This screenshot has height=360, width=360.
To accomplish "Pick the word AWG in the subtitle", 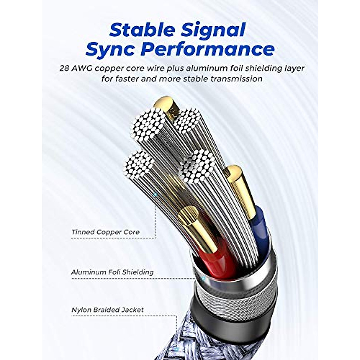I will [x=81, y=68].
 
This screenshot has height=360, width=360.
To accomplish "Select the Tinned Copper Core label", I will [x=106, y=232].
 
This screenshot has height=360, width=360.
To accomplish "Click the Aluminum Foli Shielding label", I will [x=112, y=272].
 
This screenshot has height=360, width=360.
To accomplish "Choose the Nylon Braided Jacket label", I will [x=107, y=310].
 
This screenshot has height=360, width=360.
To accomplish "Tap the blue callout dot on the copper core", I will [x=155, y=195].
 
